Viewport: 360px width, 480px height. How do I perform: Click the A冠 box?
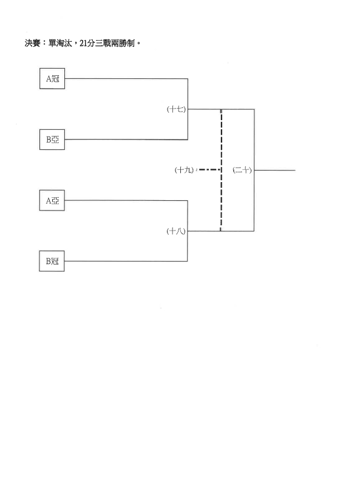52,79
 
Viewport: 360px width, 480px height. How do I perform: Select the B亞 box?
52,140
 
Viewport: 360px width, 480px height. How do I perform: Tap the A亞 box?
52,200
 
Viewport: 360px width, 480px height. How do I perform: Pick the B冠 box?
52,261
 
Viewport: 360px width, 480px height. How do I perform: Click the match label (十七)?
176,109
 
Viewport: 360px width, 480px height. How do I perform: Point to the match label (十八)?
176,231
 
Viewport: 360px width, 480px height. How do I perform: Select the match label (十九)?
184,170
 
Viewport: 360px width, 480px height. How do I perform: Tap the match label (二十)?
242,170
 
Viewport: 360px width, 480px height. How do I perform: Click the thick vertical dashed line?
221,170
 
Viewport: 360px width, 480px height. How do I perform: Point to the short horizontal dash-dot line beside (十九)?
209,169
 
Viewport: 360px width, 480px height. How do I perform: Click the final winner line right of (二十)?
274,170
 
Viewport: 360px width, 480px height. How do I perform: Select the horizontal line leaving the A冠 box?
126,79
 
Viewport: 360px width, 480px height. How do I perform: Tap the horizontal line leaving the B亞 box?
126,140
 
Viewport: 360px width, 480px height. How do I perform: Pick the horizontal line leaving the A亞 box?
126,200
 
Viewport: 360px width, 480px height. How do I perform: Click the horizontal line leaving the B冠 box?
126,261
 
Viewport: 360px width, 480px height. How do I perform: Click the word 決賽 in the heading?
32,43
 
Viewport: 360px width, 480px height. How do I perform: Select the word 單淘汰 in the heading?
60,43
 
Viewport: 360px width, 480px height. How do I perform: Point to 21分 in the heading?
87,43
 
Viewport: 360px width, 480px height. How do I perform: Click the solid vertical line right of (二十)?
254,170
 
